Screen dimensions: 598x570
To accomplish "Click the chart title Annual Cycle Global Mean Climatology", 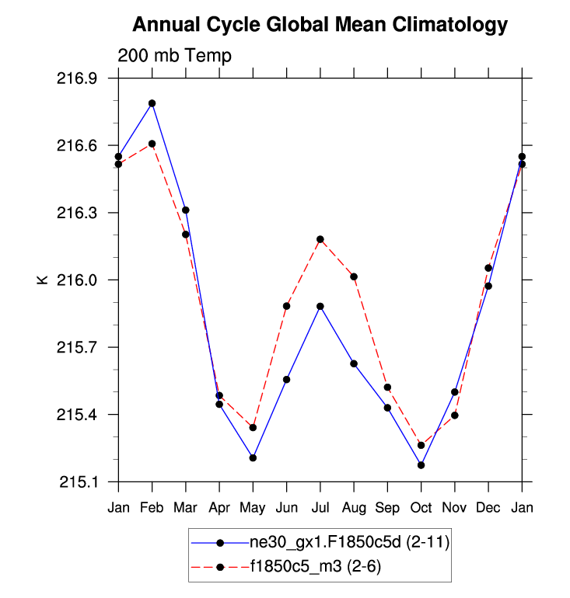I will pyautogui.click(x=320, y=25).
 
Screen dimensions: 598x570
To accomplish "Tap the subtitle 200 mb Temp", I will pyautogui.click(x=174, y=56).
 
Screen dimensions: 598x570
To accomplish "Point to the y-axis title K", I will pyautogui.click(x=43, y=280).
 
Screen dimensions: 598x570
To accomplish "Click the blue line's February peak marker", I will pyautogui.click(x=152, y=103).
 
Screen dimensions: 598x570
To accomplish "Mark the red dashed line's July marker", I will pyautogui.click(x=320, y=239).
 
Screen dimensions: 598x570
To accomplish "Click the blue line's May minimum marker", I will pyautogui.click(x=253, y=457).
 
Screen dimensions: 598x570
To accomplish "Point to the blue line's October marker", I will pyautogui.click(x=421, y=464).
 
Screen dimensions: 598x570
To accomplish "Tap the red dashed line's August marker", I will pyautogui.click(x=354, y=276).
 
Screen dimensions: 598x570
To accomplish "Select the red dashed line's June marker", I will pyautogui.click(x=287, y=306).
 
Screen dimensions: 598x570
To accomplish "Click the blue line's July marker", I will pyautogui.click(x=320, y=306).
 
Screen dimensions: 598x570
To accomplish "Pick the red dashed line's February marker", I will pyautogui.click(x=152, y=144).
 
